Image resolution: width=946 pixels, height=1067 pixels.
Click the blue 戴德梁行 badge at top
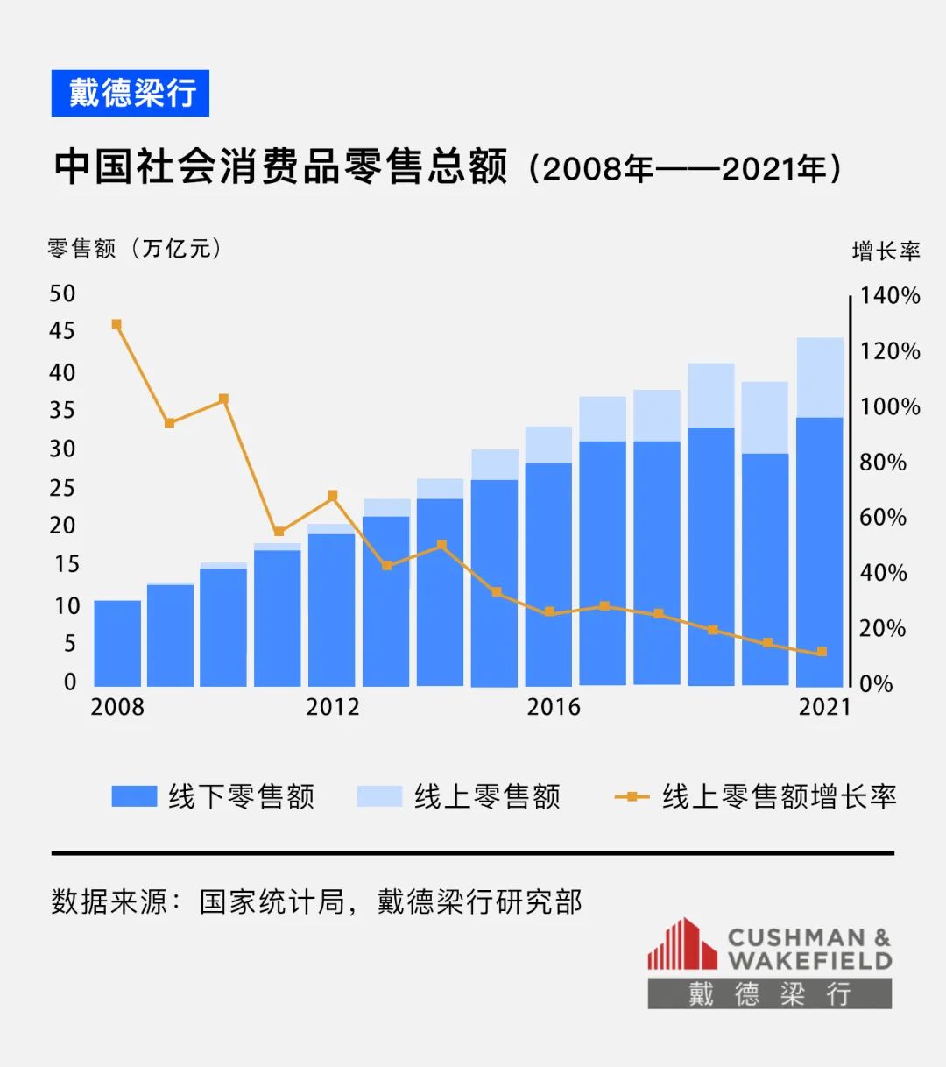click(x=131, y=93)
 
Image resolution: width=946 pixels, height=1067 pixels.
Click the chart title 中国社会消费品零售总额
click(x=280, y=166)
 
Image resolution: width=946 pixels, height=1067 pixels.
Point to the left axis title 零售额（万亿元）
click(x=135, y=249)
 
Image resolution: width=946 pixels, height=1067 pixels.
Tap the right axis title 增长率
click(x=886, y=251)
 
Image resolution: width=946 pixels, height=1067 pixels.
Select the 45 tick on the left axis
click(x=62, y=331)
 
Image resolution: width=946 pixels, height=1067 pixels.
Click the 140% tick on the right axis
click(x=889, y=295)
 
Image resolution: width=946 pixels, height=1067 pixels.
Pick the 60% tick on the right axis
click(x=882, y=517)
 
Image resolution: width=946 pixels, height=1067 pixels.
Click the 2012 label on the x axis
click(x=332, y=707)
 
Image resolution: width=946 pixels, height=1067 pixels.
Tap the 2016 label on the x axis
click(x=553, y=707)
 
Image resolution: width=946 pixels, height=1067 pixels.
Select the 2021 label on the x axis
click(x=823, y=707)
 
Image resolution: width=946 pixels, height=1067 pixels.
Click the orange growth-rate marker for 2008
click(x=116, y=324)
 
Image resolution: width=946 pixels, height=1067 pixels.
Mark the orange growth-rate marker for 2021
click(x=822, y=652)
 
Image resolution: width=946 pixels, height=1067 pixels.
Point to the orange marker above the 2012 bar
click(x=332, y=496)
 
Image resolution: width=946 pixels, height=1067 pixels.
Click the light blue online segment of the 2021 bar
click(x=820, y=377)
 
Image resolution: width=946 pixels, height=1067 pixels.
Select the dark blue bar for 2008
click(x=117, y=644)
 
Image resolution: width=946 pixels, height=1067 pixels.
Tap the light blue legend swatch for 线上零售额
click(x=379, y=796)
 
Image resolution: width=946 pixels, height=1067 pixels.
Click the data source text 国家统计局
click(x=272, y=901)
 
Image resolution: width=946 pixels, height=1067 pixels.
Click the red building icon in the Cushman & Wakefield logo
click(x=681, y=944)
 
